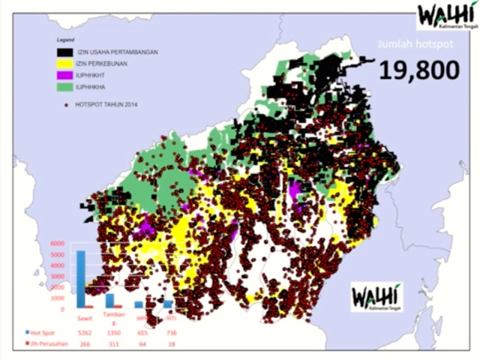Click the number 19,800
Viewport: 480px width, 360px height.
click(x=418, y=70)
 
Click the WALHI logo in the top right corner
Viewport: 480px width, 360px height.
click(x=448, y=16)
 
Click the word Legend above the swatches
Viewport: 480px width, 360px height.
click(x=68, y=37)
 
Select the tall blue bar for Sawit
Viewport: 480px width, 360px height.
click(x=81, y=278)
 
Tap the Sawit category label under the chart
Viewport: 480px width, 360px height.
click(x=85, y=319)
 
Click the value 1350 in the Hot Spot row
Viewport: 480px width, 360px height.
click(x=112, y=332)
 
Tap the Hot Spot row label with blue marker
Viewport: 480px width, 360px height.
click(x=43, y=332)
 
